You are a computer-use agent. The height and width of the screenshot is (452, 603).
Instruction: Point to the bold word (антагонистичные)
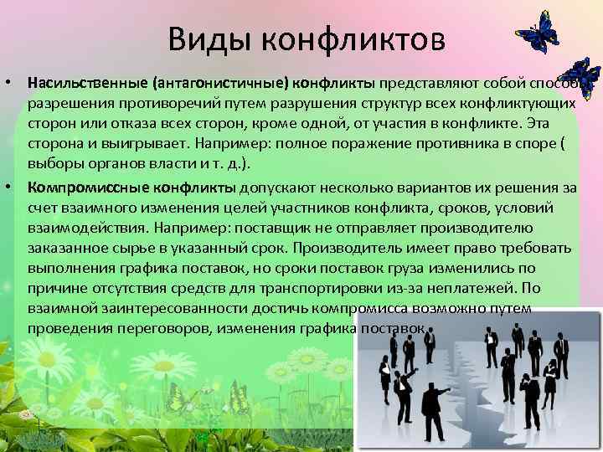(220, 84)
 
